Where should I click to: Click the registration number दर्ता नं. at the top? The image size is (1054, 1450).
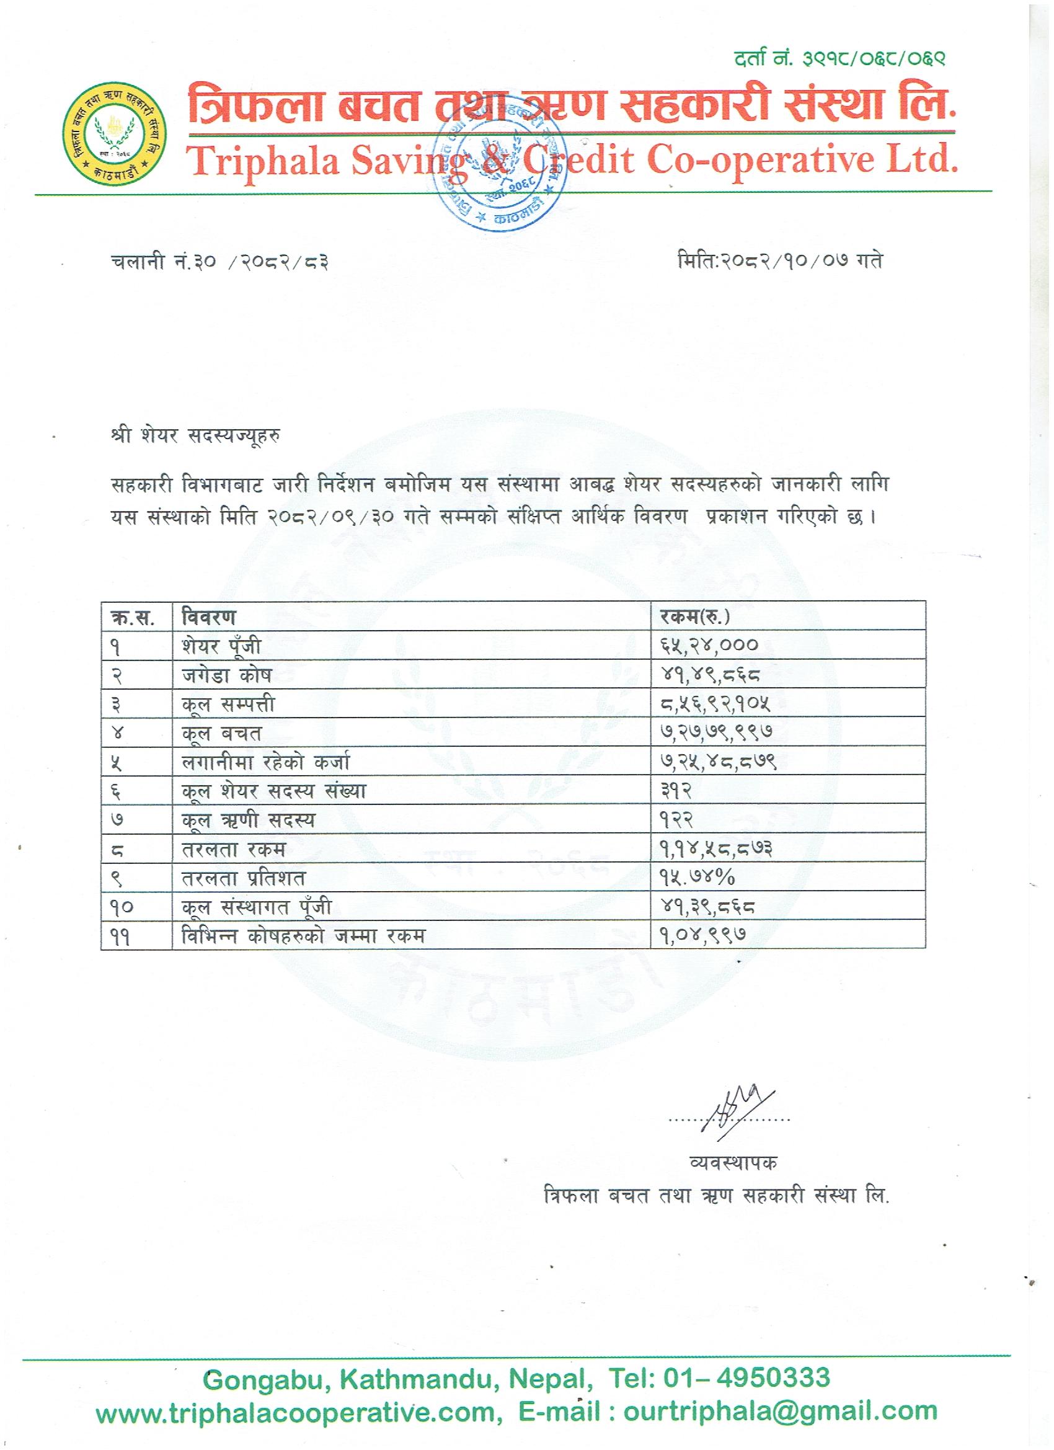[x=839, y=59]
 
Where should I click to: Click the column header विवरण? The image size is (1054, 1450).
[x=208, y=617]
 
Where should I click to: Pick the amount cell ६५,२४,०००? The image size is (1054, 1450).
[x=709, y=646]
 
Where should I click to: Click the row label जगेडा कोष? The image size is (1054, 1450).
[x=226, y=675]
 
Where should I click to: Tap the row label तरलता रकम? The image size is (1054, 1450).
[x=233, y=850]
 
